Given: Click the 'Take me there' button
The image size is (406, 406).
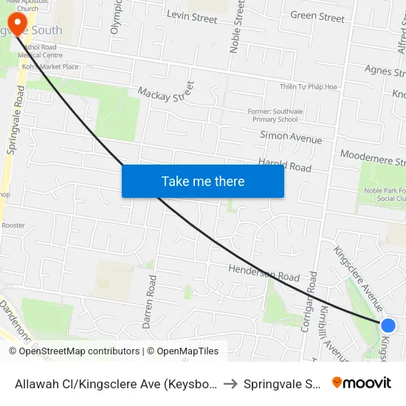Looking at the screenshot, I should [x=203, y=181].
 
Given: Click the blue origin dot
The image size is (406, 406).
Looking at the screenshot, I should [x=388, y=325].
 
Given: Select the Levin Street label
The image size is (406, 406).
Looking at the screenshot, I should [x=192, y=16].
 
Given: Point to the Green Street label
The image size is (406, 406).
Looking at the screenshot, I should [x=317, y=16].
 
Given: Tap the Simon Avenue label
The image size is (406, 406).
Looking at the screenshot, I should [x=291, y=137].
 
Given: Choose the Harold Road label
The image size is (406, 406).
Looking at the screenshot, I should [x=284, y=165].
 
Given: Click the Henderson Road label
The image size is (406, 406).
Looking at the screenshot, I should [x=264, y=273].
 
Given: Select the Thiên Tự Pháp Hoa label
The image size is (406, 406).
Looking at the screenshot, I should [x=308, y=87].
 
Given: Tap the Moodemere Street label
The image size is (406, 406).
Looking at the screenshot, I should [x=372, y=158].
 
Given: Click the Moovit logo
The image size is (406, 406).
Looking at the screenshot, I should [x=361, y=382].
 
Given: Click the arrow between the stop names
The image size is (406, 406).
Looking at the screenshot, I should [x=230, y=383].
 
